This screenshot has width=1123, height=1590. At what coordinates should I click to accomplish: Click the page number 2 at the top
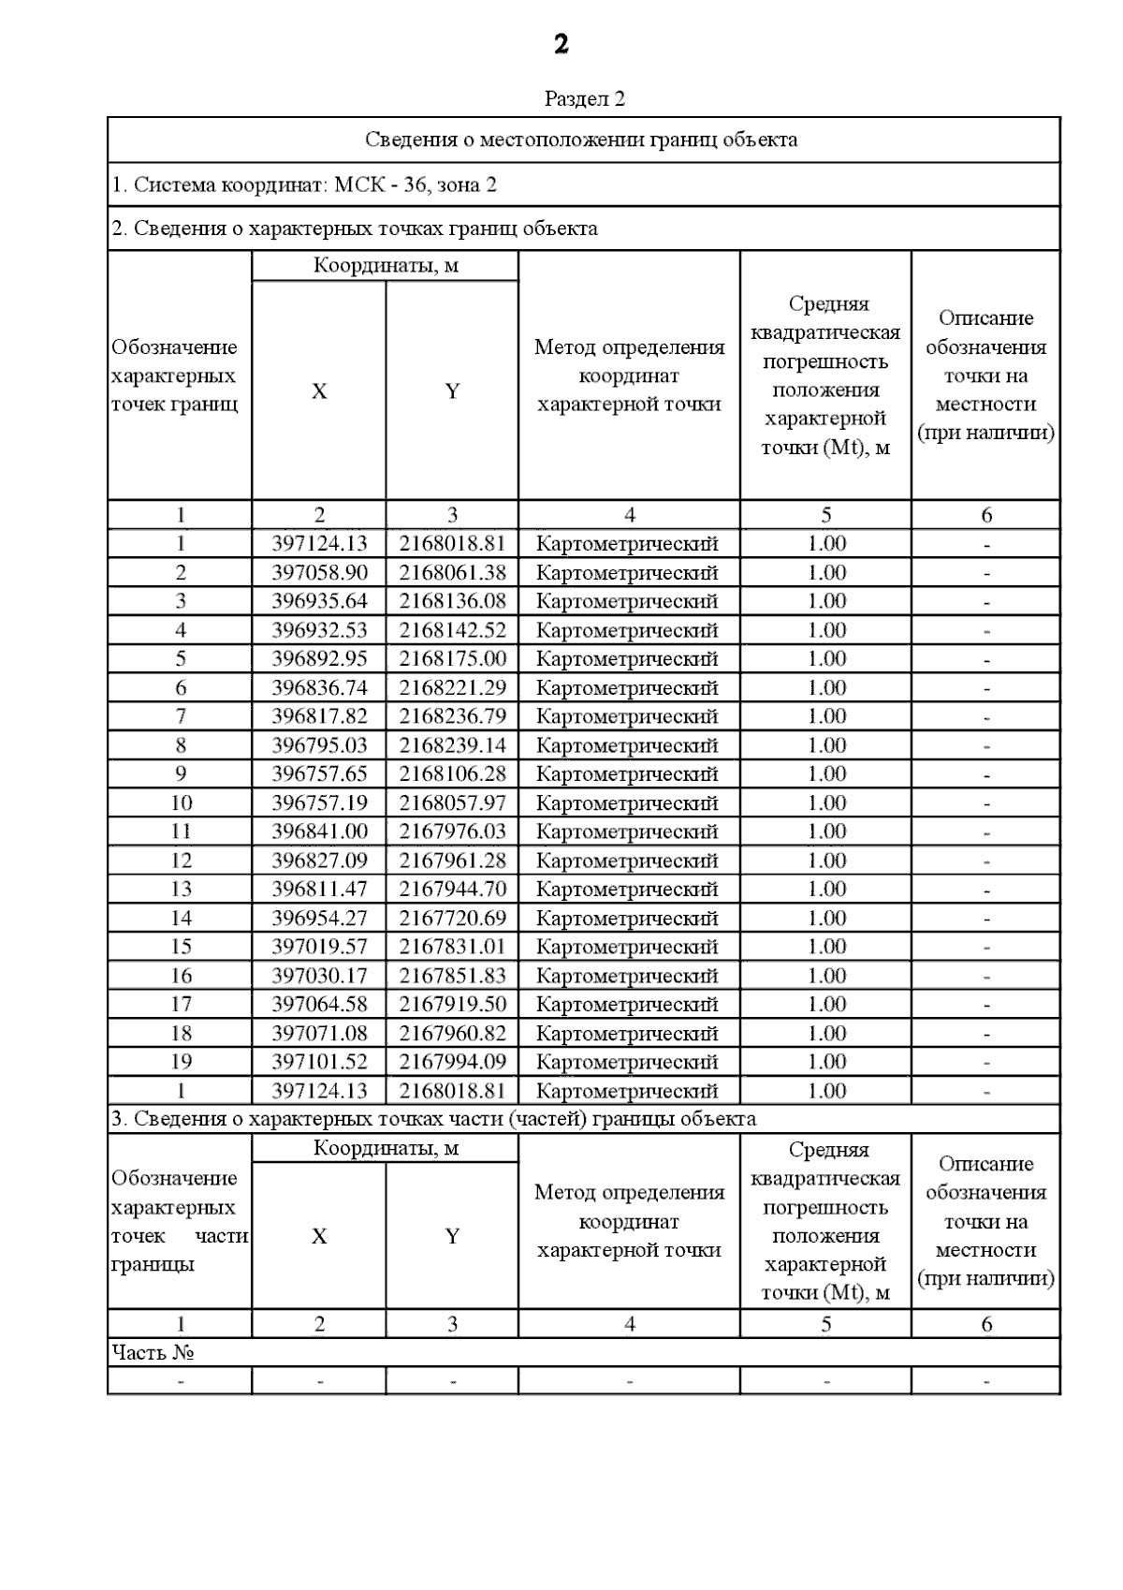tap(561, 44)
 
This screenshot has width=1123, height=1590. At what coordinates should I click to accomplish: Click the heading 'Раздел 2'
tap(584, 98)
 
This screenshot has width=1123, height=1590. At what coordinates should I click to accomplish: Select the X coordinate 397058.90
tap(319, 572)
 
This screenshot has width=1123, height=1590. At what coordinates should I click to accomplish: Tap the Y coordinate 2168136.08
tap(452, 600)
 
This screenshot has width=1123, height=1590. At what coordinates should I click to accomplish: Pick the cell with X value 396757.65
tap(319, 773)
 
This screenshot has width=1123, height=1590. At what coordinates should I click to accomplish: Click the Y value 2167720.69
tap(452, 918)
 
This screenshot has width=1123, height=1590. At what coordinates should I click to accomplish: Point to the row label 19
tap(181, 1061)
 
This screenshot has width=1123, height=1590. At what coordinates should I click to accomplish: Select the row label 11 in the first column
tap(181, 832)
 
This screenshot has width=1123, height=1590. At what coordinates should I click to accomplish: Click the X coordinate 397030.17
tap(319, 975)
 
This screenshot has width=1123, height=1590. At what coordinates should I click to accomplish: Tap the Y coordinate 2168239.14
tap(452, 745)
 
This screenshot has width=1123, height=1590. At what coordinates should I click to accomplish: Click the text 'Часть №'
tap(153, 1352)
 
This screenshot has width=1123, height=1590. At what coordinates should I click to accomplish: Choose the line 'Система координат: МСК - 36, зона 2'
tap(304, 184)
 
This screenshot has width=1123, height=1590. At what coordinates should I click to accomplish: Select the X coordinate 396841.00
tap(319, 832)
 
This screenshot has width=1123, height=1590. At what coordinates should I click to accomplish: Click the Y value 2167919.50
tap(452, 1004)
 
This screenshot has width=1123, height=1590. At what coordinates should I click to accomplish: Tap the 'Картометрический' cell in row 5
tap(628, 658)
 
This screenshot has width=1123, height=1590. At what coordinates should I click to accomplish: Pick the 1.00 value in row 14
tap(826, 918)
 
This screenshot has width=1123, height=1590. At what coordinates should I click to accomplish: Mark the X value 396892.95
tap(319, 658)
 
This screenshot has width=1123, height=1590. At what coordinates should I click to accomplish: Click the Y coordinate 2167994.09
tap(452, 1061)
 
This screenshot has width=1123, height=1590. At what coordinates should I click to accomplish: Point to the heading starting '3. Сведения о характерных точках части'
tap(433, 1118)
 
